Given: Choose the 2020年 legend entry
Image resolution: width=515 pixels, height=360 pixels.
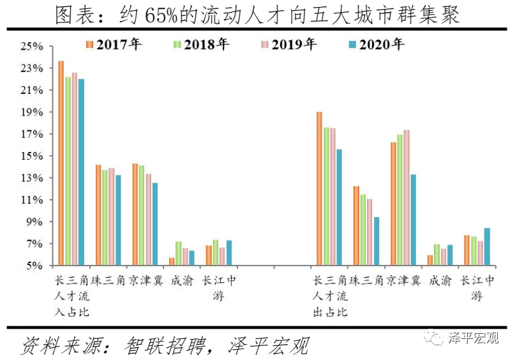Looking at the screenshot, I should tap(376, 45).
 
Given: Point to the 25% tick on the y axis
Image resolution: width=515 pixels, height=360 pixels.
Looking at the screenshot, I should tap(31, 47).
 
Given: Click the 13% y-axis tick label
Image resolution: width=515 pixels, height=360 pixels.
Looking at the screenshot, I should tap(31, 178).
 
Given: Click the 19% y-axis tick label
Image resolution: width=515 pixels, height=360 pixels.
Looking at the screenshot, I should tap(31, 112).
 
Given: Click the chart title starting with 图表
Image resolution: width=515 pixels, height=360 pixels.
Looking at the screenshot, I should tap(257, 14).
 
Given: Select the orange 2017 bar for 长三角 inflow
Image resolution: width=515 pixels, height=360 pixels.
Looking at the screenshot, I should tap(61, 163).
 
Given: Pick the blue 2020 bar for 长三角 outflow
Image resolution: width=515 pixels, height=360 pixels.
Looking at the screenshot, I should tap(340, 207).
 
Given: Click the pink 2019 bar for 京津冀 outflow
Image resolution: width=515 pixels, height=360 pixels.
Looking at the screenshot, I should tap(407, 198).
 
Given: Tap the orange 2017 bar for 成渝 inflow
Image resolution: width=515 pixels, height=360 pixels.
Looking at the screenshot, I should tap(172, 262).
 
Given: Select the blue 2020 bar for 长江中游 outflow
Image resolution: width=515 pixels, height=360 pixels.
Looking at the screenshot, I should tap(488, 247).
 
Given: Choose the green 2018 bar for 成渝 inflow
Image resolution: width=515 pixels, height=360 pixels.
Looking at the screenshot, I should tap(179, 254).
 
